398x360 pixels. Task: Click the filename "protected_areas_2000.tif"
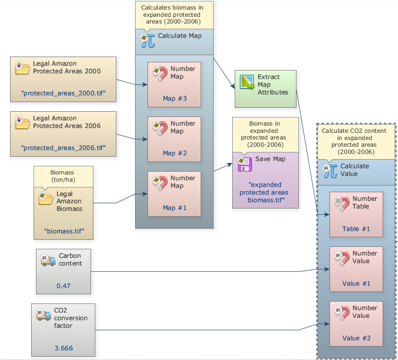click(x=63, y=93)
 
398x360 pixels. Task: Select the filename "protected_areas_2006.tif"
click(x=63, y=147)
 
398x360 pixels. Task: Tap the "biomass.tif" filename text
click(x=64, y=231)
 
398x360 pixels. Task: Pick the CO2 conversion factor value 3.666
click(x=63, y=348)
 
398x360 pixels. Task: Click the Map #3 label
click(x=174, y=99)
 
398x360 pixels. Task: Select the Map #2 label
click(x=174, y=153)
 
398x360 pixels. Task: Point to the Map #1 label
click(x=174, y=208)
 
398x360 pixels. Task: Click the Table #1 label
click(x=356, y=229)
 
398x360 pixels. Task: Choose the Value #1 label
click(x=356, y=283)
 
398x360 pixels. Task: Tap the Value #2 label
click(x=356, y=338)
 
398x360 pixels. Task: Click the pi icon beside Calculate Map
click(x=148, y=40)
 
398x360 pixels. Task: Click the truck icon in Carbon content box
click(x=48, y=260)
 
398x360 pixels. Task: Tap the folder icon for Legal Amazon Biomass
click(x=45, y=198)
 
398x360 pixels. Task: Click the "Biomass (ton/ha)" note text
click(x=63, y=176)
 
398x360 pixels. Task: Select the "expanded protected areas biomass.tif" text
click(x=265, y=192)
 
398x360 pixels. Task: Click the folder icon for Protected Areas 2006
click(x=22, y=123)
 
